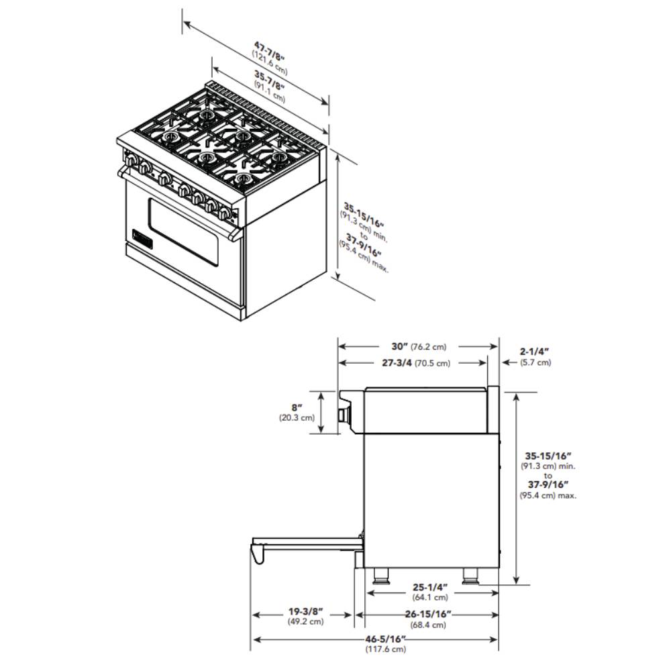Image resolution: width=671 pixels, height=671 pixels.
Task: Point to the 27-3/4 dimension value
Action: pyautogui.click(x=397, y=363)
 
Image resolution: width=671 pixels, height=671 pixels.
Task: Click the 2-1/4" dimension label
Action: pyautogui.click(x=535, y=352)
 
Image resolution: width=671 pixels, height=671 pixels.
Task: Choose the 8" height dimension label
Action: pyautogui.click(x=297, y=408)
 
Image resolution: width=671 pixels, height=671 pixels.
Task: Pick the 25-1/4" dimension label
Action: pyautogui.click(x=430, y=588)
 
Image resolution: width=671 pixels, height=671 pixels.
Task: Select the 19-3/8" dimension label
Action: pyautogui.click(x=305, y=612)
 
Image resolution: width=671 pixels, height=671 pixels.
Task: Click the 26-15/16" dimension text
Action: pyautogui.click(x=428, y=615)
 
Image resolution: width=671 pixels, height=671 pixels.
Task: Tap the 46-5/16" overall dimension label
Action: pyautogui.click(x=386, y=639)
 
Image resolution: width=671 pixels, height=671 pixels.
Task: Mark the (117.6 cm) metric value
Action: pyautogui.click(x=386, y=649)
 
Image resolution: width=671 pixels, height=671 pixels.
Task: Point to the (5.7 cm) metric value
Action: pyautogui.click(x=535, y=362)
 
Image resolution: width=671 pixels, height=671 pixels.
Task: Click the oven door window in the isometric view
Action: pyautogui.click(x=184, y=232)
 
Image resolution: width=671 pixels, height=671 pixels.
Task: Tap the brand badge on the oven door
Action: pyautogui.click(x=142, y=238)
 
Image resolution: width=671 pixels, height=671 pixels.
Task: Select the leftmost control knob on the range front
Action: pyautogui.click(x=131, y=161)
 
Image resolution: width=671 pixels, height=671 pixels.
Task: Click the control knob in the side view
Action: pyautogui.click(x=344, y=415)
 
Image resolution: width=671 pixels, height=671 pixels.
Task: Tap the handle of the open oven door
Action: pyautogui.click(x=258, y=554)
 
